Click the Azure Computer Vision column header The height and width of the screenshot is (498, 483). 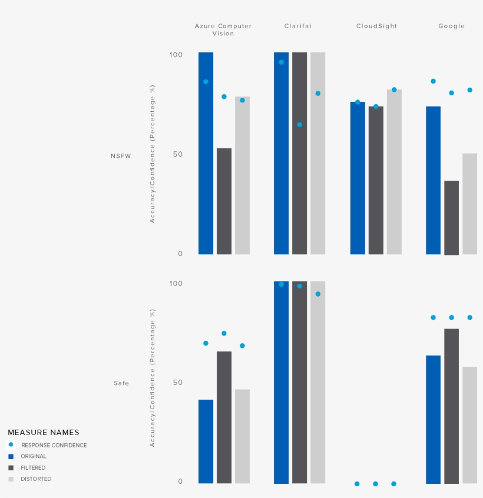click(223, 29)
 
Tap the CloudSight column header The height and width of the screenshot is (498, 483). click(376, 26)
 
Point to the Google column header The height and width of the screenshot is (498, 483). click(451, 26)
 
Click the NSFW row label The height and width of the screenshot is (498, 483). click(121, 156)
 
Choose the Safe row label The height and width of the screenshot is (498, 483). click(121, 383)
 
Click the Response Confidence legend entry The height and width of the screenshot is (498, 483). click(54, 445)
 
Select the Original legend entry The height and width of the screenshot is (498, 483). click(33, 456)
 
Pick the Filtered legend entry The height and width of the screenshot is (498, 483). click(33, 468)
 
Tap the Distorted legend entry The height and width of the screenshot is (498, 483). click(35, 479)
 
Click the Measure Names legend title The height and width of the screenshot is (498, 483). click(43, 433)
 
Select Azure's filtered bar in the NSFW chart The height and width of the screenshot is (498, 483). click(224, 201)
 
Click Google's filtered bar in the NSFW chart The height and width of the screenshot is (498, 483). click(451, 218)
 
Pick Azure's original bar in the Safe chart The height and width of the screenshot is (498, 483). click(206, 441)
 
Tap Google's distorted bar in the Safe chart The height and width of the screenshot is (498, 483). click(469, 425)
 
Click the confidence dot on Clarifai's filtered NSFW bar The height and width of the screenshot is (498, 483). click(299, 125)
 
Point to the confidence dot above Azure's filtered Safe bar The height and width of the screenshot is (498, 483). click(224, 333)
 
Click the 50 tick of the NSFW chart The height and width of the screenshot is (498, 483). click(176, 154)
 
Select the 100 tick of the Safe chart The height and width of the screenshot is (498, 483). click(176, 283)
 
